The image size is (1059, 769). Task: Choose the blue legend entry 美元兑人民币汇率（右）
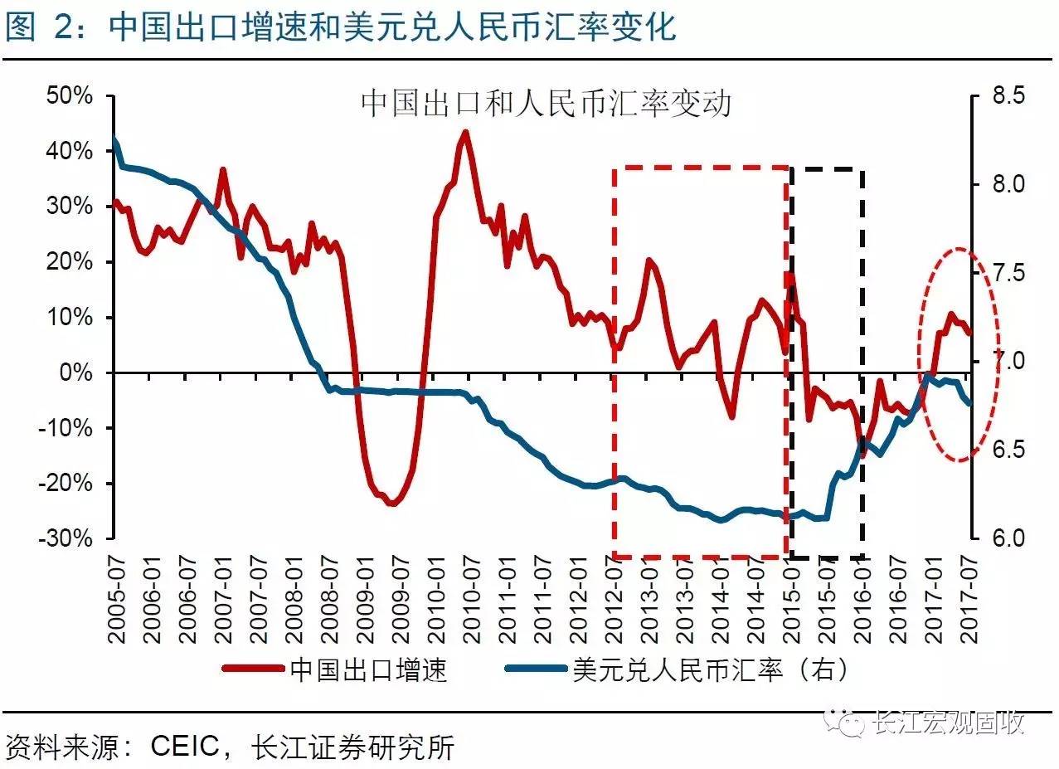(710, 669)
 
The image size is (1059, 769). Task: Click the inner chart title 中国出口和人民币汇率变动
(546, 105)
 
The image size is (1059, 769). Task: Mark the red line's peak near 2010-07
(465, 132)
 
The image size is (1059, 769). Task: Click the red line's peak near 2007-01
(222, 170)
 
